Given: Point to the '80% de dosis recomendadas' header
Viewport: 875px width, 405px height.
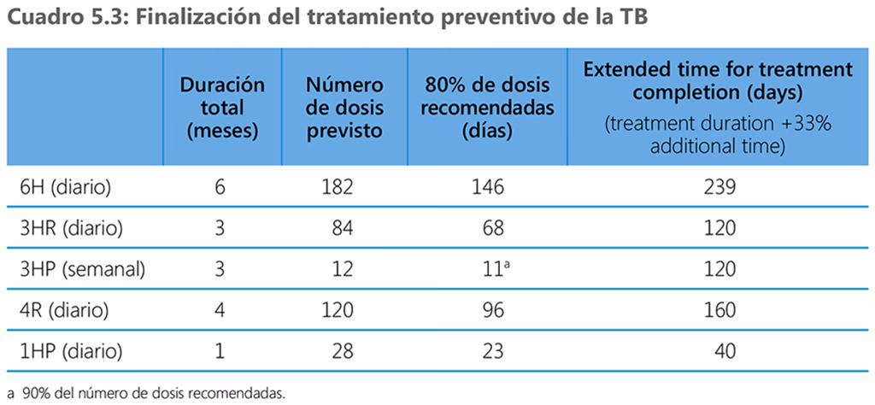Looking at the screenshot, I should tap(489, 108).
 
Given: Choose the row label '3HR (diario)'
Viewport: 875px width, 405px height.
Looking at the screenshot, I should tap(66, 228).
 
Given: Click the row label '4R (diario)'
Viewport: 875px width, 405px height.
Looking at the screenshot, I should tap(60, 310).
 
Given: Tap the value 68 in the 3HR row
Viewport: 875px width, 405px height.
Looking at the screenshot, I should tap(492, 228).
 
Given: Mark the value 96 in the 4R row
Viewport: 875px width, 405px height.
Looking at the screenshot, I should tap(492, 310).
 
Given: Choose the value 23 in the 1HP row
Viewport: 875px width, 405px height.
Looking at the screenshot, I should tap(492, 352).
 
